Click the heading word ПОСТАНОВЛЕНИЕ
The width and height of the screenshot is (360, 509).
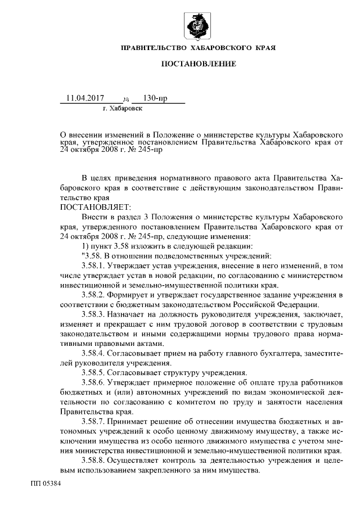(x=199, y=64)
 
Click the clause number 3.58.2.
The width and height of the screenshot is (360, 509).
(x=93, y=294)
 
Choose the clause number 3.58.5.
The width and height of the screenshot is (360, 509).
(x=93, y=372)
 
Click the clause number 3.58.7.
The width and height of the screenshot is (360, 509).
(x=93, y=421)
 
